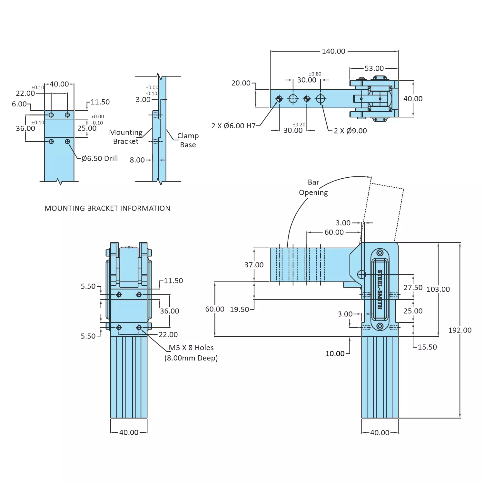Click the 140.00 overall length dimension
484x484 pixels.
coord(333,51)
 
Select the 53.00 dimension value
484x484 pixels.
coord(374,68)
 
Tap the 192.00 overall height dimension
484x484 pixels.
coord(459,330)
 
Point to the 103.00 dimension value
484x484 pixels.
coord(438,289)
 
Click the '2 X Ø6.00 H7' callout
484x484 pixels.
coord(233,126)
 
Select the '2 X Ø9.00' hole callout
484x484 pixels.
coord(350,131)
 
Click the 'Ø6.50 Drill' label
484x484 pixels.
coord(100,158)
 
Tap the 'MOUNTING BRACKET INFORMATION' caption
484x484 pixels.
coord(107,208)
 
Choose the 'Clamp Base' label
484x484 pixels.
coord(188,140)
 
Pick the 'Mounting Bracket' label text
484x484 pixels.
coord(126,137)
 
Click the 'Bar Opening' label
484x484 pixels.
coord(313,187)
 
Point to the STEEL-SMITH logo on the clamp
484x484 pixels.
coord(380,289)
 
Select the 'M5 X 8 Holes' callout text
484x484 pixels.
coord(191,348)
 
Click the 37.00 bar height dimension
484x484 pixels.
coord(254,265)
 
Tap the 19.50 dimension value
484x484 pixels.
coord(239,310)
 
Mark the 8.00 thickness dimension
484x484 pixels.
coord(137,160)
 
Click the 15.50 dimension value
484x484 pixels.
coord(427,347)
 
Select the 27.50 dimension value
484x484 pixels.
coord(413,288)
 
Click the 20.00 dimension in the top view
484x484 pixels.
coord(241,83)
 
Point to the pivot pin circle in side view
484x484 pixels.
coord(361,274)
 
